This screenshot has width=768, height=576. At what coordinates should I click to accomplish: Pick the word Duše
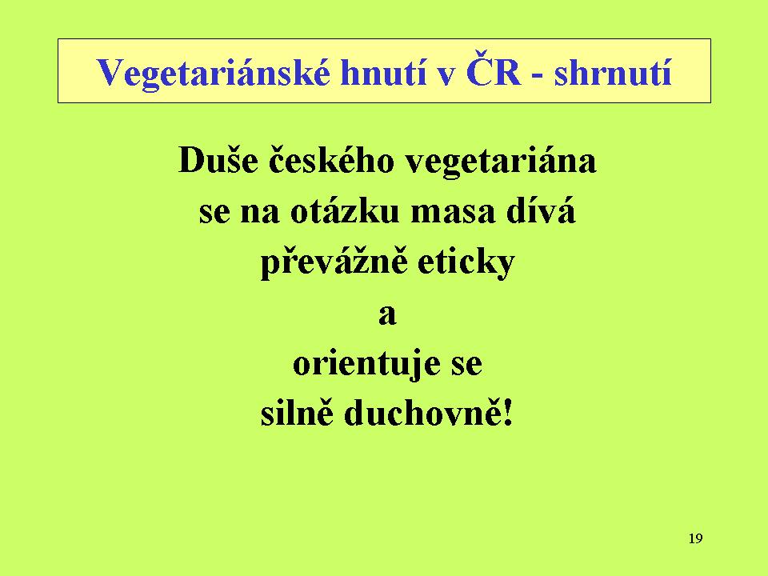pos(218,159)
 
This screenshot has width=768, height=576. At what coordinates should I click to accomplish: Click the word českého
pos(331,159)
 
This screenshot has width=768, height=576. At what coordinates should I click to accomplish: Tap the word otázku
pos(346,211)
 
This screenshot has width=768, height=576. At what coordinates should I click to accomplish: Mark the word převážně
pos(334,262)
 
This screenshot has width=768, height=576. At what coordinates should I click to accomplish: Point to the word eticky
pos(466,263)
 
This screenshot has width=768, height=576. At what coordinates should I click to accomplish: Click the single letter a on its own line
pos(387,315)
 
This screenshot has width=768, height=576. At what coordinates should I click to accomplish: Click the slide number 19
pos(695,538)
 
